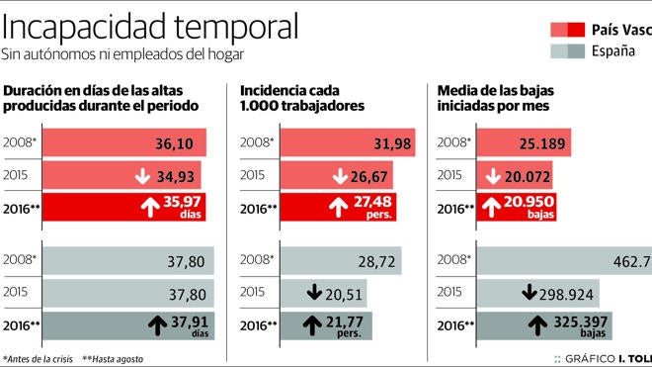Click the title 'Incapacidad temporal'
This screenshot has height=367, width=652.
coord(151,25)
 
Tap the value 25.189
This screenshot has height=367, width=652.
coord(543,144)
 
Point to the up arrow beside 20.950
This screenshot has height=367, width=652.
coord(491,209)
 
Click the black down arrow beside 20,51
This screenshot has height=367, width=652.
coord(314,294)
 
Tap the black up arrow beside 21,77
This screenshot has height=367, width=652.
coord(315,325)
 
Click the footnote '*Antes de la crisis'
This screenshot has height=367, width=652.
coord(38,358)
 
